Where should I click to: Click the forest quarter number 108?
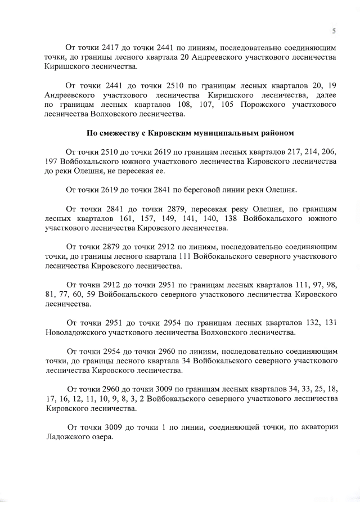(x=184, y=105)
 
